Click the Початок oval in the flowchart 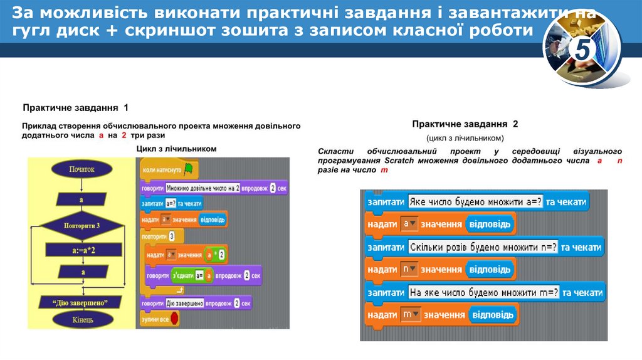coord(82,169)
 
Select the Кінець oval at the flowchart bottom coord(82,319)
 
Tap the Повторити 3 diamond coord(82,225)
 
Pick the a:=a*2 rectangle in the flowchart coord(82,250)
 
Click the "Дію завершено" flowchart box coord(82,302)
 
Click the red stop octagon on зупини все coord(175,319)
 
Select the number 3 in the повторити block coord(172,237)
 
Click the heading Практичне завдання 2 coord(465,124)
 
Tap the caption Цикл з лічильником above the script coord(176,149)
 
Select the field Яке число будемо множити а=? coord(475,202)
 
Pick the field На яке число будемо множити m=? coord(483,292)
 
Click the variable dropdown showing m coord(410,314)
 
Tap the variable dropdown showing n coord(409,269)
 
